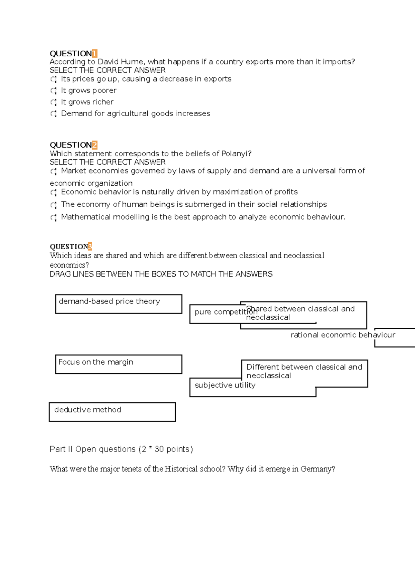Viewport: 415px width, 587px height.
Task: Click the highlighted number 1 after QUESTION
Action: coord(94,54)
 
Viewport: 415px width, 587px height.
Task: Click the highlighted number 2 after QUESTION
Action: coord(94,145)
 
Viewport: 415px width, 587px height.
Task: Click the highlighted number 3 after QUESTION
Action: coord(90,246)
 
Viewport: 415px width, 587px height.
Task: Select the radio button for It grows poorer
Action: coord(53,91)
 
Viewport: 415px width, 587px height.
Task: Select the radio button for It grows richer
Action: coord(53,102)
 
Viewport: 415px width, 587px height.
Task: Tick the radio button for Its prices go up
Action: coord(53,80)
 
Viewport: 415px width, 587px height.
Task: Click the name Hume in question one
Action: coord(133,62)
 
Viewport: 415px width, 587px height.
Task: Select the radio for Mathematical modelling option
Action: coord(53,217)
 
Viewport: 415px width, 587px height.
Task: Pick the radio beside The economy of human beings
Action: coord(53,205)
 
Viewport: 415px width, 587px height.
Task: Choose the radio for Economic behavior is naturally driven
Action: coord(53,193)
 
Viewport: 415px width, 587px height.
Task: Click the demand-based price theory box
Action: coord(119,304)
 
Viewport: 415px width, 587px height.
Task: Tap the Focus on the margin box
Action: coord(119,364)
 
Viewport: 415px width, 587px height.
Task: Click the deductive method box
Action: coord(112,412)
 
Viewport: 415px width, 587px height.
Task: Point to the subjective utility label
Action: coord(225,385)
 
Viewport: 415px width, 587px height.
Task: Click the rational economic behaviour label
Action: coord(343,335)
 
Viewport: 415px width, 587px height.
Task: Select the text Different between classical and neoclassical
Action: coord(304,371)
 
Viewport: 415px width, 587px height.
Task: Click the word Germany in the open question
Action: coord(316,469)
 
